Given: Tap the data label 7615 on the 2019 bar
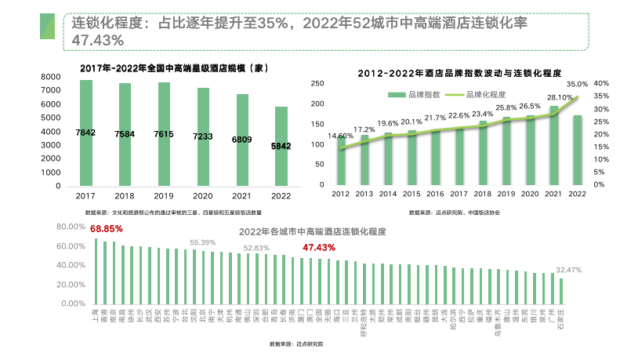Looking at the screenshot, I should [163, 134].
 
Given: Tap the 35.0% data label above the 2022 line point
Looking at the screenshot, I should [577, 84].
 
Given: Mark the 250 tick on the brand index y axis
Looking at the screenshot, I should [317, 83].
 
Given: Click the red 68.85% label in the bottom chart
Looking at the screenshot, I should [107, 229].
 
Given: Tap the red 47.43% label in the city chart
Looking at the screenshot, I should [318, 247].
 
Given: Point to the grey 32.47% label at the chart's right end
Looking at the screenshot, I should [568, 270].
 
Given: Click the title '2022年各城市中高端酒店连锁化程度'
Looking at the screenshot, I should [313, 232].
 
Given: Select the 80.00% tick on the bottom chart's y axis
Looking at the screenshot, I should [69, 227].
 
